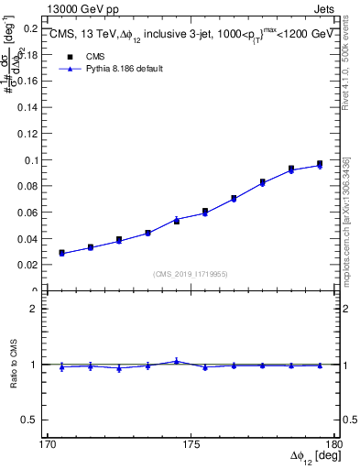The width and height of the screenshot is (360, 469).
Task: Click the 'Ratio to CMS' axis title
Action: click(14, 365)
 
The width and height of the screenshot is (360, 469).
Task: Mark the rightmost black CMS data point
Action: click(320, 164)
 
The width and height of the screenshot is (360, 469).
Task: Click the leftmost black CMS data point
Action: click(61, 253)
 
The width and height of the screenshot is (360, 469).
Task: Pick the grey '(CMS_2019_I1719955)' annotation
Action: click(191, 273)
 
